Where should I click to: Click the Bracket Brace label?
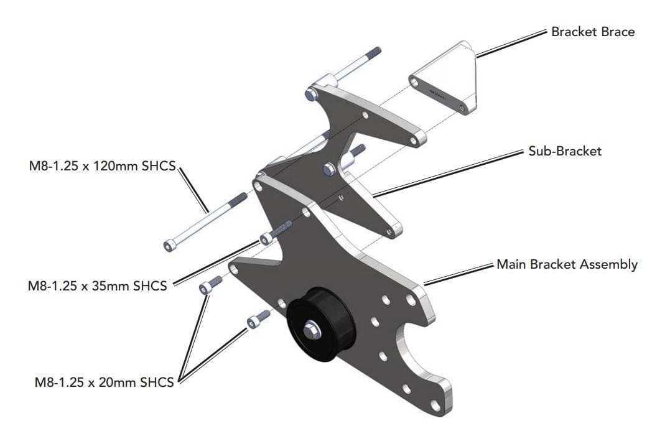tap(593, 31)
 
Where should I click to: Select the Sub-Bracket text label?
tap(565, 151)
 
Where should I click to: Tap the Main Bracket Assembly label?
tap(567, 264)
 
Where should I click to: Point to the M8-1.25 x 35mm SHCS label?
tap(97, 286)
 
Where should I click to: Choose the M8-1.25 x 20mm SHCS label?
tap(104, 382)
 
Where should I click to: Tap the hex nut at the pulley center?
tap(311, 330)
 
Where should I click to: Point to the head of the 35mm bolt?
tap(266, 238)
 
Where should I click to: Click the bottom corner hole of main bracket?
tap(435, 406)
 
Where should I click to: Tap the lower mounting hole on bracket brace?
tap(461, 108)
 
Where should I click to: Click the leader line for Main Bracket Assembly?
tap(460, 274)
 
